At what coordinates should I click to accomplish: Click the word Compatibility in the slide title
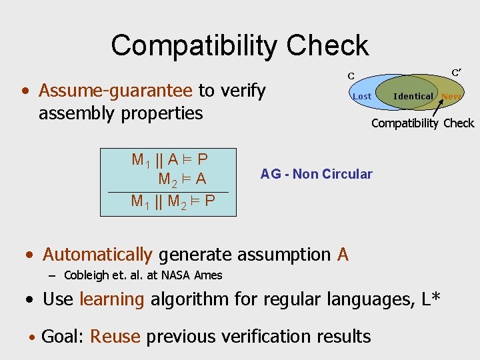tap(194, 45)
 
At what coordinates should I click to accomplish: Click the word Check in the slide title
tap(327, 45)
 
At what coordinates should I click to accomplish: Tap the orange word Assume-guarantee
tap(115, 90)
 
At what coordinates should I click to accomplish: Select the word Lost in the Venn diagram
tap(361, 96)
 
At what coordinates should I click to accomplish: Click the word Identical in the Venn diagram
tap(413, 96)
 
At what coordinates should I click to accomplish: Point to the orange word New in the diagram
tap(451, 96)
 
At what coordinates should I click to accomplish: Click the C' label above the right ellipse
tap(457, 72)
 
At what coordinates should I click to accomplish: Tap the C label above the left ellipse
tap(351, 76)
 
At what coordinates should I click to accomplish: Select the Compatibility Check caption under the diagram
tap(423, 123)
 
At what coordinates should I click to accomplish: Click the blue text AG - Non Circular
tap(316, 174)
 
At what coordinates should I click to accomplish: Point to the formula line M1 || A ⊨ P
tap(169, 159)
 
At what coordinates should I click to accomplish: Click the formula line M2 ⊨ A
tap(181, 179)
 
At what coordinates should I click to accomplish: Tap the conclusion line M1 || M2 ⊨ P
tap(173, 200)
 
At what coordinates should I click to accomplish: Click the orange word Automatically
tap(97, 254)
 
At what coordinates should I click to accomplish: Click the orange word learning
tap(111, 299)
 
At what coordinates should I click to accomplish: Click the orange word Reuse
tap(115, 337)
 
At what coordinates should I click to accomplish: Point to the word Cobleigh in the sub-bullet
tap(85, 275)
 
